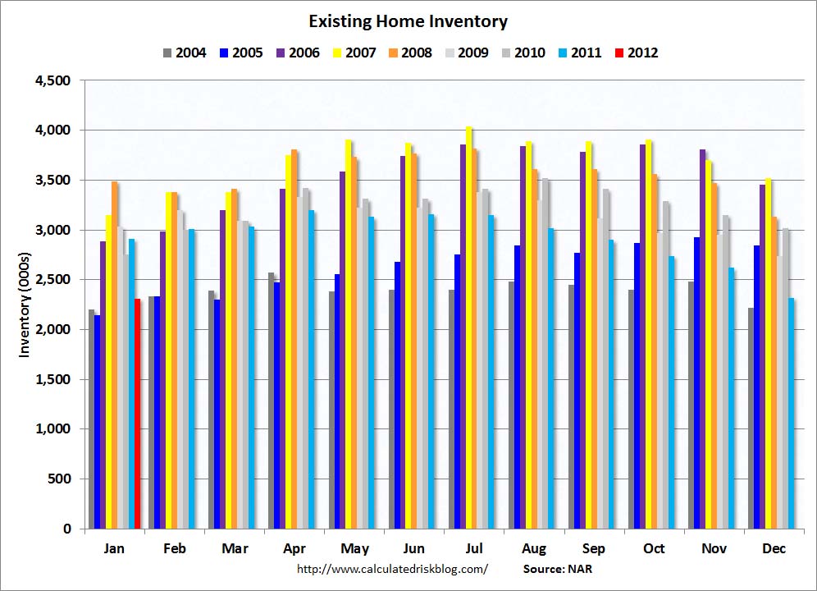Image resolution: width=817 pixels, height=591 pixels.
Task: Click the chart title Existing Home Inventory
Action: (x=408, y=21)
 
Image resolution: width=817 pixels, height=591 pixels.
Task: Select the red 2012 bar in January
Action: (x=138, y=414)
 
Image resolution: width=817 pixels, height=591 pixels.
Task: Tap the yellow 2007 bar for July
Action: (x=469, y=328)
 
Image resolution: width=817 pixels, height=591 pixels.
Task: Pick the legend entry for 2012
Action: (x=636, y=53)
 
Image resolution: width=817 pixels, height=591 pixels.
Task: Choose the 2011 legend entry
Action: (x=579, y=53)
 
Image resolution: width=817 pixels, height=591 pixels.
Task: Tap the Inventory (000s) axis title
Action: (x=25, y=305)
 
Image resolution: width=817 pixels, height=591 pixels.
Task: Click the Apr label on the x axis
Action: (x=294, y=548)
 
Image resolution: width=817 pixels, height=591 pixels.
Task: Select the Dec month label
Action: (x=774, y=548)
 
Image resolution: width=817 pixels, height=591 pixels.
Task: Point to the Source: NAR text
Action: (x=556, y=568)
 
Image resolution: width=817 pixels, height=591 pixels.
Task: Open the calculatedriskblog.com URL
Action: (x=391, y=568)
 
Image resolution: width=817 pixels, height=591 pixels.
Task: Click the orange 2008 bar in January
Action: (x=115, y=355)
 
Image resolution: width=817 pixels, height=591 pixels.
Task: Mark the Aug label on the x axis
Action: (x=534, y=548)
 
